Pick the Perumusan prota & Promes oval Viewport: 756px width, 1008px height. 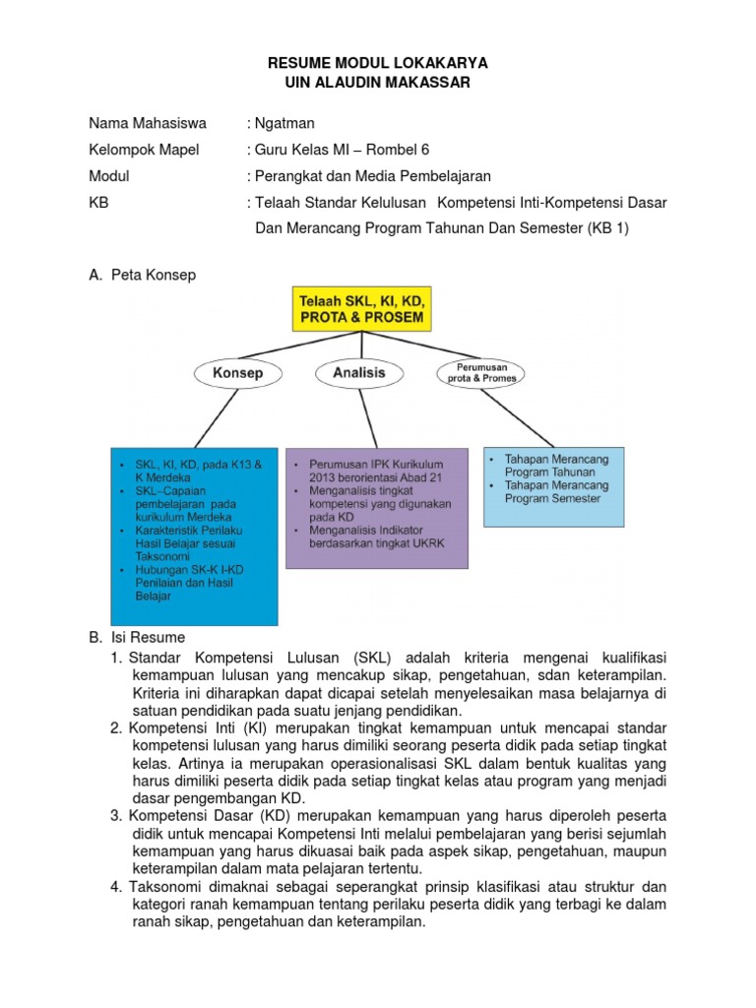479,374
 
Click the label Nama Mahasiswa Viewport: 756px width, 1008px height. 148,124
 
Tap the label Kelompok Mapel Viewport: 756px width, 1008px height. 144,150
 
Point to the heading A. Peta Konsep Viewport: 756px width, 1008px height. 143,275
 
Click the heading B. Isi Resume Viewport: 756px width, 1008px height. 137,638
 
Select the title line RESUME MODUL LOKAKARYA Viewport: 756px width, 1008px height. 378,63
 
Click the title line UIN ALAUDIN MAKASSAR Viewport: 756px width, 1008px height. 378,83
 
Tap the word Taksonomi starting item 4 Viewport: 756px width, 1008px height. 167,887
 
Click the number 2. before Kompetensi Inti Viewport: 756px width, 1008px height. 116,727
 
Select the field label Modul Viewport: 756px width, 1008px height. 109,176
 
